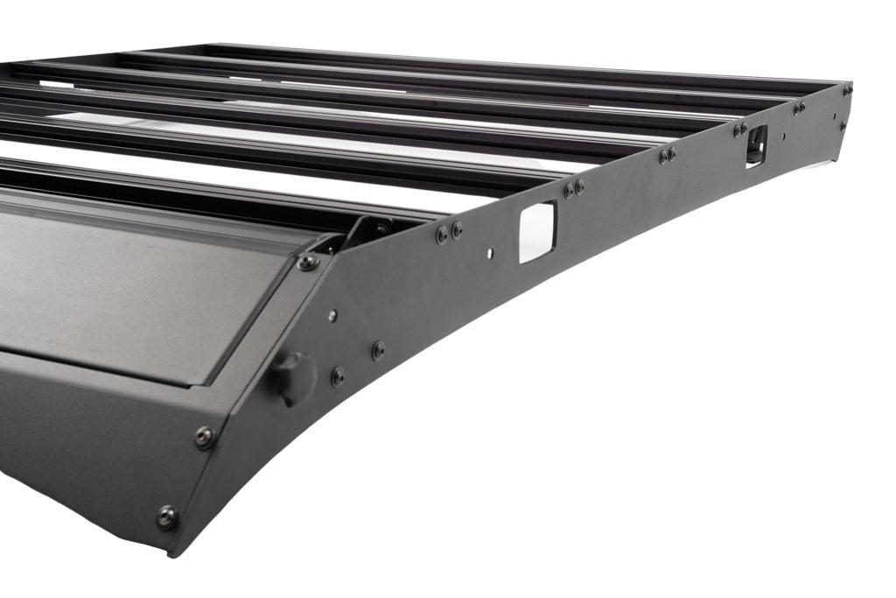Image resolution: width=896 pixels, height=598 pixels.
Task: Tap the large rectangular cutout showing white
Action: click(536, 231)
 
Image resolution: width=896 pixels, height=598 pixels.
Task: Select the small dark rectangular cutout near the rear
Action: click(755, 145)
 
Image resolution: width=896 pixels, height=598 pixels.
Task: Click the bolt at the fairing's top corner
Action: click(308, 262)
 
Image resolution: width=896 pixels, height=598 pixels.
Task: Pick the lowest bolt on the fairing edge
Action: click(166, 517)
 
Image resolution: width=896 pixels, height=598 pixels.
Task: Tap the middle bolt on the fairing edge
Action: click(204, 435)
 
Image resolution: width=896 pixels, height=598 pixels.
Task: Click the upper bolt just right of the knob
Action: click(378, 350)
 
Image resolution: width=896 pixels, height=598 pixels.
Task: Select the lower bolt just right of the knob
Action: click(338, 377)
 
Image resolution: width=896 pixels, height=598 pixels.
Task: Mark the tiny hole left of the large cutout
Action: click(490, 253)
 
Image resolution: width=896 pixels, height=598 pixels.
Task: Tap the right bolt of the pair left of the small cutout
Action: click(671, 154)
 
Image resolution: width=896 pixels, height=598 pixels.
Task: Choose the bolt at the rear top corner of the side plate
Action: click(846, 89)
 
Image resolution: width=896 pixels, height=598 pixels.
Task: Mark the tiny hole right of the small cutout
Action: click(783, 137)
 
